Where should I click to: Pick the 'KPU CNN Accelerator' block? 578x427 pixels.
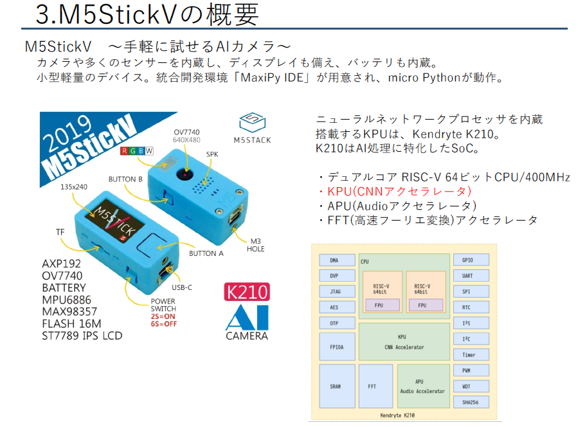click(x=403, y=342)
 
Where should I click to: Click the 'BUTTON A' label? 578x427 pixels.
click(x=210, y=253)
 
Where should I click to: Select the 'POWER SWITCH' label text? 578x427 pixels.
click(x=163, y=305)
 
